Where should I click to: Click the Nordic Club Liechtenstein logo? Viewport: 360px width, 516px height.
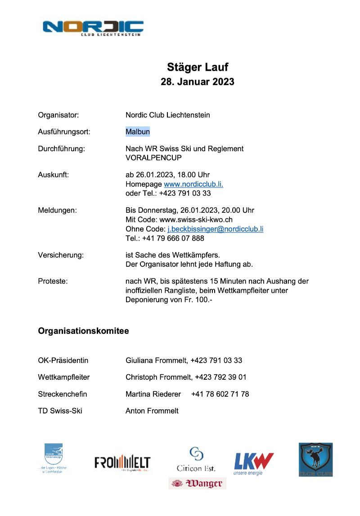93,27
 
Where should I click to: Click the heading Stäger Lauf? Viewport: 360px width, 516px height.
198,67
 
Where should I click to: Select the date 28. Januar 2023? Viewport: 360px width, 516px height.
198,82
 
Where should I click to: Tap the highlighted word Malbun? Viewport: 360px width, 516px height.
138,132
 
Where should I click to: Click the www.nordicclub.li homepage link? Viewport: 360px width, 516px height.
193,184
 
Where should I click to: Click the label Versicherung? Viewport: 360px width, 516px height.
61,255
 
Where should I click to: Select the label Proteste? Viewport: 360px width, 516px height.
53,281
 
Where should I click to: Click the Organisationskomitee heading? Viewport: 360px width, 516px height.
83,331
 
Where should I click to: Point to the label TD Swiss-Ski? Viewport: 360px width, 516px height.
60,411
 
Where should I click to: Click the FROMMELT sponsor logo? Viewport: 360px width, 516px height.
122,463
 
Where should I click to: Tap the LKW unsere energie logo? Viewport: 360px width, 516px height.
254,463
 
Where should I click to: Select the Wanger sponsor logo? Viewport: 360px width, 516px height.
198,484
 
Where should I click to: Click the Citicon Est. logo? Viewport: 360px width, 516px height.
196,459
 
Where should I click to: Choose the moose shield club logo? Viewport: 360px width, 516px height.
315,459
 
